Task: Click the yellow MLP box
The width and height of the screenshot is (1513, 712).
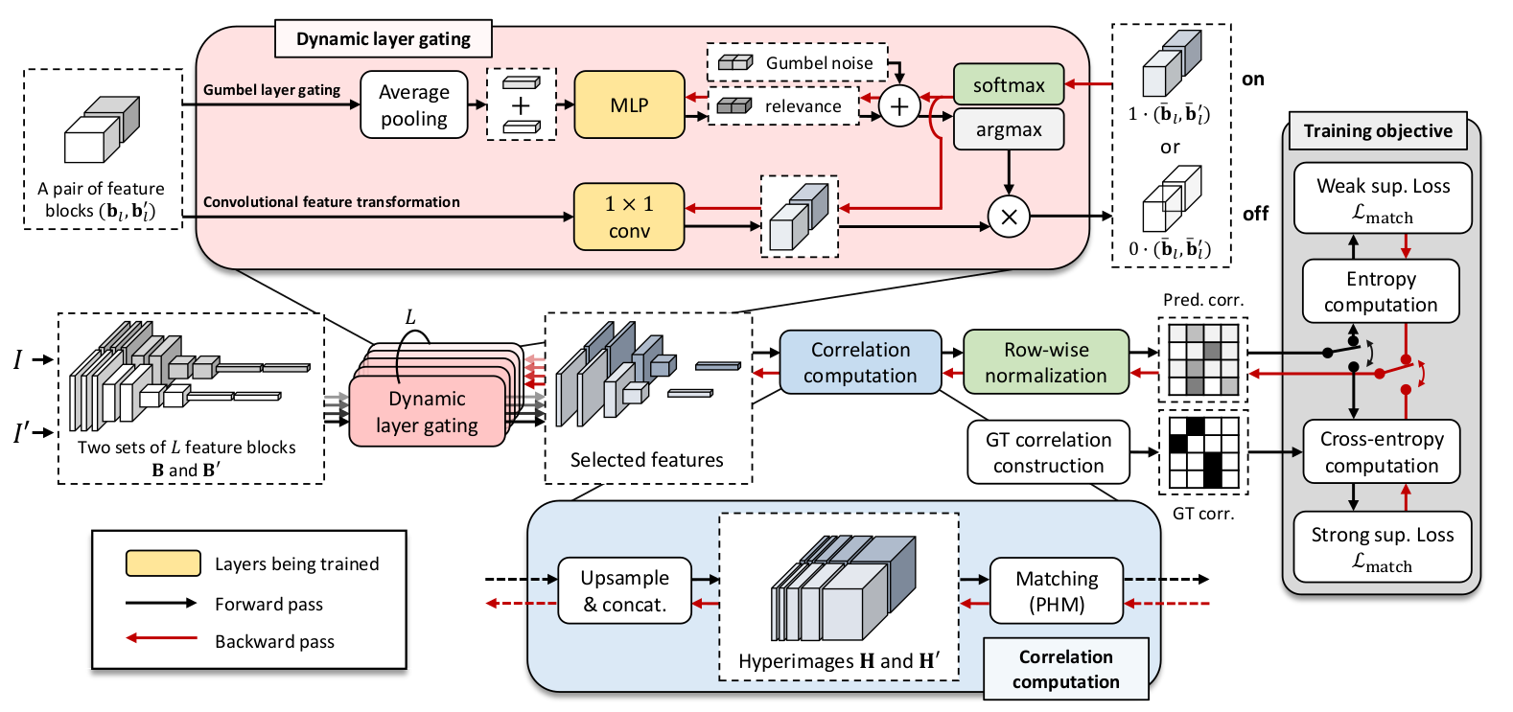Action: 629,105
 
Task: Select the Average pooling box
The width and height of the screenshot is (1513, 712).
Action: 414,105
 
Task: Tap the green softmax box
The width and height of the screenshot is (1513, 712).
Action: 1009,85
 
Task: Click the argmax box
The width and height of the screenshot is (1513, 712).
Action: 1009,129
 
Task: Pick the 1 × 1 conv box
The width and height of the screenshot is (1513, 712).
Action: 629,218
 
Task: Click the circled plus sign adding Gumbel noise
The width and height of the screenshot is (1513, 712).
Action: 899,106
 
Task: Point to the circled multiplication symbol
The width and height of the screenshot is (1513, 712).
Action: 1009,217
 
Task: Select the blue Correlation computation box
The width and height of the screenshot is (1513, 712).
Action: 860,363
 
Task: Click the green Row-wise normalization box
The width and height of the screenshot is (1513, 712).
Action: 1046,363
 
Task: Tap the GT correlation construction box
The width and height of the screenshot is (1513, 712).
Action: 1048,452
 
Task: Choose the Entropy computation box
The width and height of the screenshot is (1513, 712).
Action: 1381,291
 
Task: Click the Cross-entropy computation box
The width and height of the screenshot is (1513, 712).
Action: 1381,452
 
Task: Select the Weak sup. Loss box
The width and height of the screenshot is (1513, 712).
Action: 1383,198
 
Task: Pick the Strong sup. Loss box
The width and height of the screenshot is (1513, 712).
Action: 1383,547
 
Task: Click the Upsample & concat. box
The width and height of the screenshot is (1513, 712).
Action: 624,591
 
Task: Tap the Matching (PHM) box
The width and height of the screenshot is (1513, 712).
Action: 1057,591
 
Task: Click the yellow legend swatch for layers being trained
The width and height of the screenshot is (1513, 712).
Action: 163,563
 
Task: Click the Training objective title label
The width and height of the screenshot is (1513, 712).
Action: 1378,131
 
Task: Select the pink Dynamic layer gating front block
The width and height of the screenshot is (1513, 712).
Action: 427,412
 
